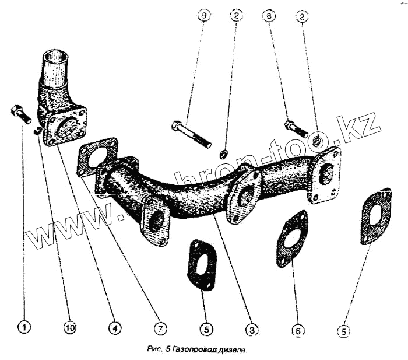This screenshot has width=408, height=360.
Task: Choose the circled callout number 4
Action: pos(114,328)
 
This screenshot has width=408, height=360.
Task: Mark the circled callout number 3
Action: pos(251,330)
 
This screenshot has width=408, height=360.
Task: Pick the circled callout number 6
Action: pos(298,331)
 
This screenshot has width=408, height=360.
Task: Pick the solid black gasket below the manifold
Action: pos(202,264)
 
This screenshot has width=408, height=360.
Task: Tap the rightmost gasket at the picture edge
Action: pos(374,215)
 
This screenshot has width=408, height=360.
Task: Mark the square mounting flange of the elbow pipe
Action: pos(66,126)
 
